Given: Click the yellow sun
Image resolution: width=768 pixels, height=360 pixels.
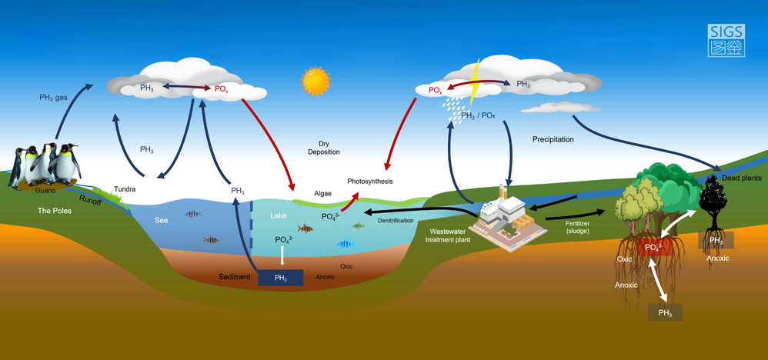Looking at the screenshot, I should (315, 80).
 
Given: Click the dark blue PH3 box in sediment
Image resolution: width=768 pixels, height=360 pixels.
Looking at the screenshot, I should (280, 278).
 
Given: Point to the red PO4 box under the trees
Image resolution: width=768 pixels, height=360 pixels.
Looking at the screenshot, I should (653, 248).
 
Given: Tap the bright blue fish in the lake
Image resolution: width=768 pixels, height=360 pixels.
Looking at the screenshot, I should (346, 244).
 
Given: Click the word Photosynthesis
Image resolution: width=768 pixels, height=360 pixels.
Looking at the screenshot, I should (369, 182).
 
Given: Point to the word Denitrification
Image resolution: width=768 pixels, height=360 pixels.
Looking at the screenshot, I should (396, 221).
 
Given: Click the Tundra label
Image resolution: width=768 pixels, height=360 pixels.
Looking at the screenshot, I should (125, 188).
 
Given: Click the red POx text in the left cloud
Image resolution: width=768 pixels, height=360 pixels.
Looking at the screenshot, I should (222, 89).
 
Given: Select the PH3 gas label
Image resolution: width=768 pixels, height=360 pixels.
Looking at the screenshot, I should (55, 98).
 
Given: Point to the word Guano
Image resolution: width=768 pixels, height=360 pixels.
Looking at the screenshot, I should (45, 189).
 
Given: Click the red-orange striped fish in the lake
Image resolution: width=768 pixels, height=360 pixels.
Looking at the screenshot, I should (306, 228).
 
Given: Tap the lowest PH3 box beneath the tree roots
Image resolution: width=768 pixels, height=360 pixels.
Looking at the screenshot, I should (665, 313).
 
